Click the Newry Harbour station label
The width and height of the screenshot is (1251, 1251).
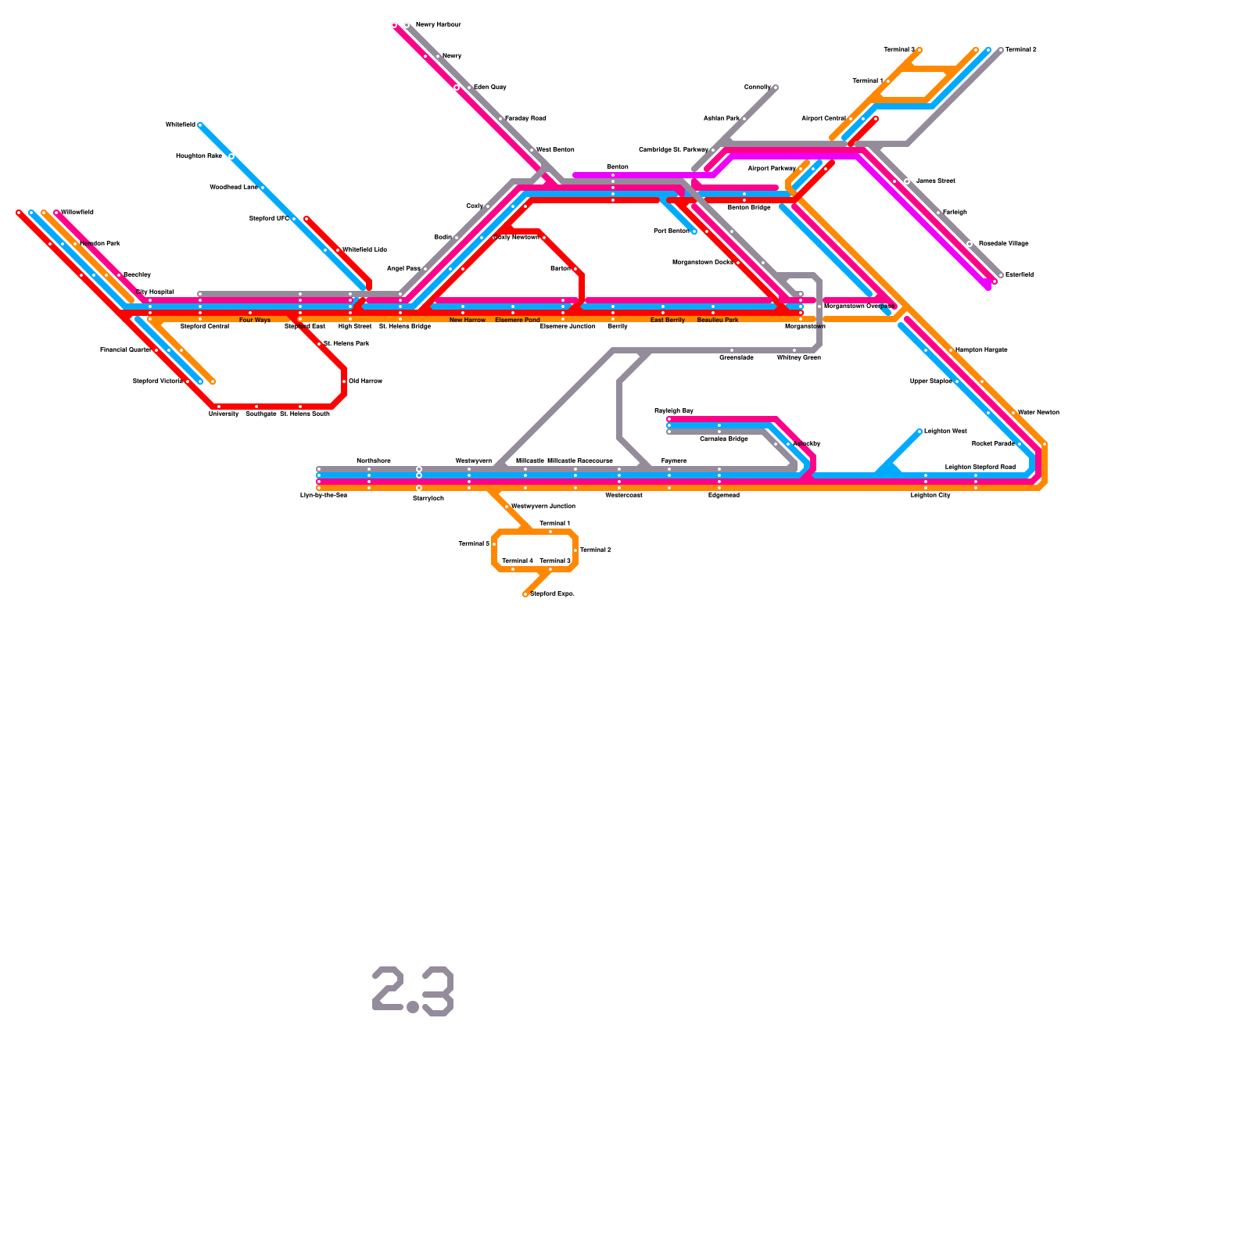438,25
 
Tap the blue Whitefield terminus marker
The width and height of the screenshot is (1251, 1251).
200,125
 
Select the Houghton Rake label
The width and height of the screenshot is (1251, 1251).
199,156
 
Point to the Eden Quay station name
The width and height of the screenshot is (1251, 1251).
489,88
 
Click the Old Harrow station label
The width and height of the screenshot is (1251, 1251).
365,382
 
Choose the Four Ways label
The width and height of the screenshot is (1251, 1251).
255,321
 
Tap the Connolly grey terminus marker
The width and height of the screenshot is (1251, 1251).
775,88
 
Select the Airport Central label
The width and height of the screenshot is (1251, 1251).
823,119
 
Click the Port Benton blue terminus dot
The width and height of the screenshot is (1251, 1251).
694,231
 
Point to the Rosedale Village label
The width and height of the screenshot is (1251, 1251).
1003,244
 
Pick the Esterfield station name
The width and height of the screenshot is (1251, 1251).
1019,275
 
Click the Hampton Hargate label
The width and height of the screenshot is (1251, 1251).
981,350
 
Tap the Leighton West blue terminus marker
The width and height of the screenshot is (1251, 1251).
919,432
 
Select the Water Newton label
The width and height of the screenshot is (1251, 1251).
1038,413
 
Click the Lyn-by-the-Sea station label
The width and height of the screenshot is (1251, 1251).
324,496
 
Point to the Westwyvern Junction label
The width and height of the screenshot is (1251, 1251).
543,507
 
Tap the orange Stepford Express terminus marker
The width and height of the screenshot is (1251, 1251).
525,594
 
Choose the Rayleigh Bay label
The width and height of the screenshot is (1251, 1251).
674,411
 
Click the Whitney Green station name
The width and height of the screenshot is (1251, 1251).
798,358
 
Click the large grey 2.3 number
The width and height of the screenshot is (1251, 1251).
413,991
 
